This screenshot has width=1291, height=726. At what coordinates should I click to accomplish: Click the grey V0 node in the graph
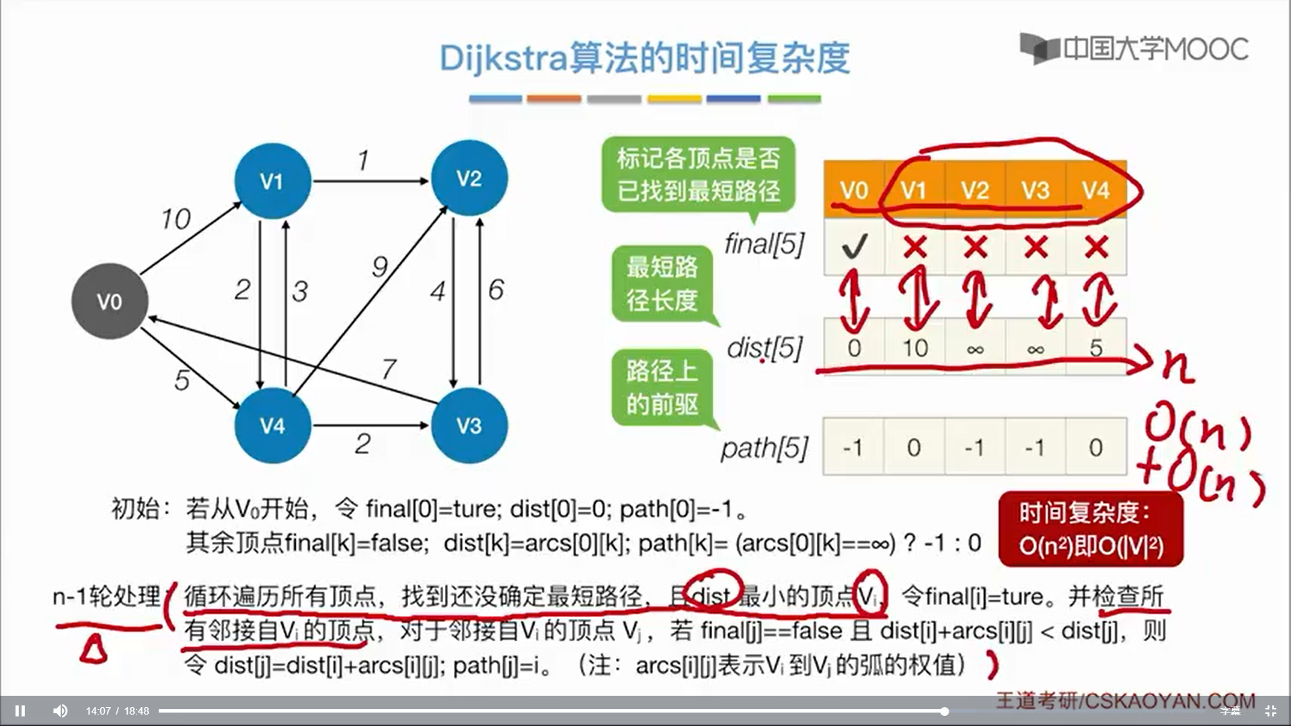[110, 301]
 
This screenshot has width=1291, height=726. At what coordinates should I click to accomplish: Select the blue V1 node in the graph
[272, 181]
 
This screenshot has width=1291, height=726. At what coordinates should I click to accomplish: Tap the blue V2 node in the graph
[469, 178]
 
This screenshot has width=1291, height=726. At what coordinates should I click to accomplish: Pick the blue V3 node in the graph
[469, 426]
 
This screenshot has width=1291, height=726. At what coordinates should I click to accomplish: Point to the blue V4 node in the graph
[272, 426]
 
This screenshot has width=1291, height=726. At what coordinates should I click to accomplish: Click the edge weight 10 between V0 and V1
[175, 218]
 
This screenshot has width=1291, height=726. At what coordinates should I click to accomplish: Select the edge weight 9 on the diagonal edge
[380, 267]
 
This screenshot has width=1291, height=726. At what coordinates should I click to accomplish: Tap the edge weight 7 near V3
[389, 368]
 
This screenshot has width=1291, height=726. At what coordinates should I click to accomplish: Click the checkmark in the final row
[854, 247]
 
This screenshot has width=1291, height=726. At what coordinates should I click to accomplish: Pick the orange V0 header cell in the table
[854, 190]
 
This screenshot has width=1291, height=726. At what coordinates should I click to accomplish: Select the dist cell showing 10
[914, 348]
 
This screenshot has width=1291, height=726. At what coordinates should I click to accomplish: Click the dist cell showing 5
[1096, 348]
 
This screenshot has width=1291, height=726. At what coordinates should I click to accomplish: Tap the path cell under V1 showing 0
[914, 447]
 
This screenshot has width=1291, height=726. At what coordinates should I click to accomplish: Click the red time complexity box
[1090, 529]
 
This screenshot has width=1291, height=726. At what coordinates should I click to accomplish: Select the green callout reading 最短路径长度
[662, 284]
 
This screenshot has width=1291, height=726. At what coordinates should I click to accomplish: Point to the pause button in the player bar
[20, 711]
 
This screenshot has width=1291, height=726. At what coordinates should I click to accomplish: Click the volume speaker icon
[61, 711]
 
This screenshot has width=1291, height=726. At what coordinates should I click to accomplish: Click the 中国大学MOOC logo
[1134, 48]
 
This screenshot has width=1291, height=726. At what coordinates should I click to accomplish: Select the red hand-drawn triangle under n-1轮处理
[93, 650]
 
